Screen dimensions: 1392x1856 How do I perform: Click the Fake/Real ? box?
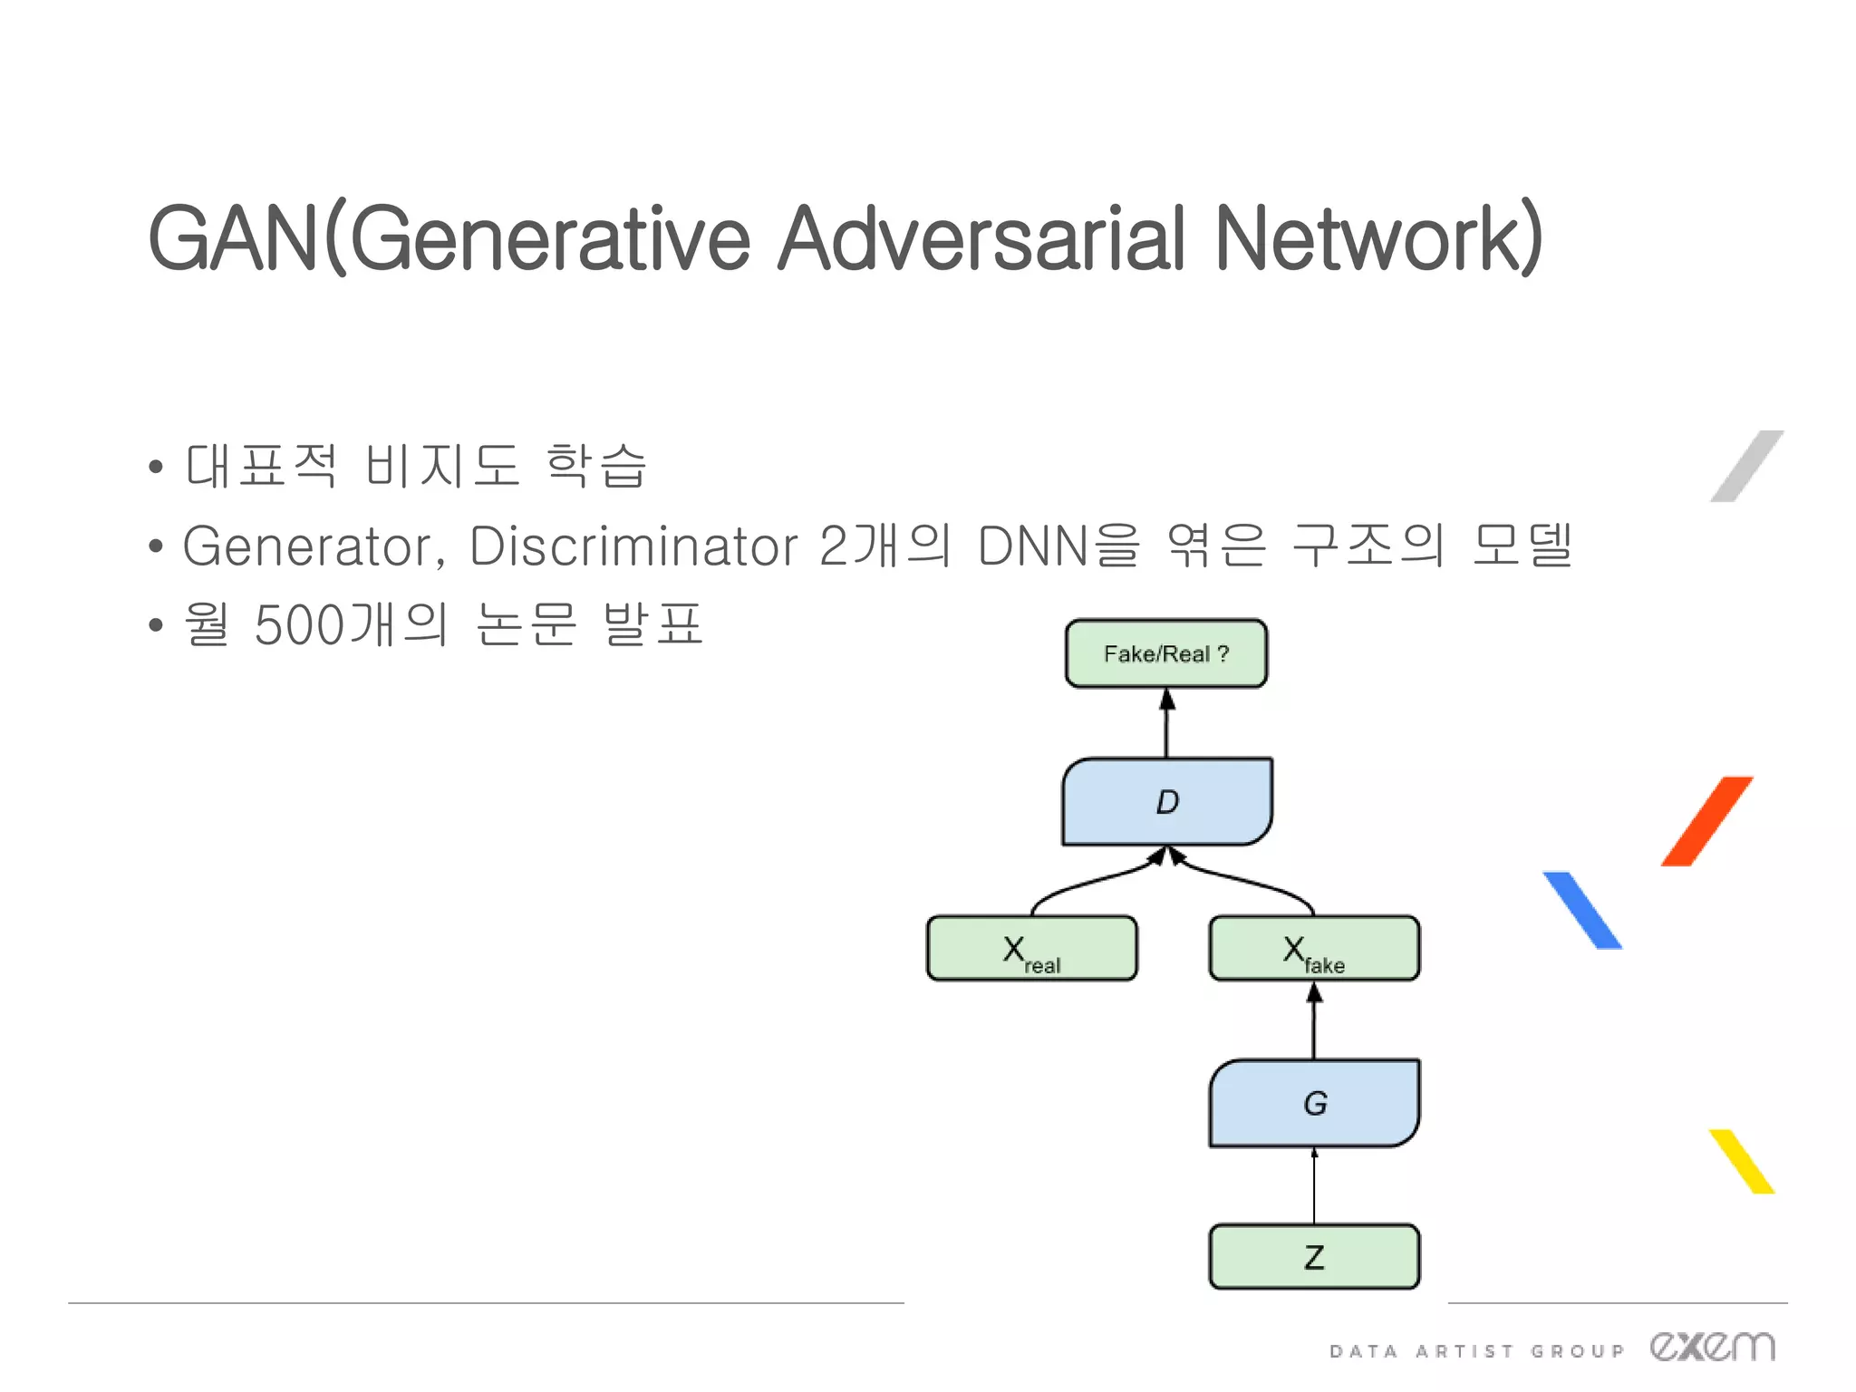point(1166,653)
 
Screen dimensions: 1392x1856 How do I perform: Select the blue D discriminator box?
point(1167,802)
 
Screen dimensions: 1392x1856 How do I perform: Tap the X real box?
point(1031,949)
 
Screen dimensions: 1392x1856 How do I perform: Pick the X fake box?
point(1314,949)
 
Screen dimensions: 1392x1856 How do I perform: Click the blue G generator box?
point(1314,1103)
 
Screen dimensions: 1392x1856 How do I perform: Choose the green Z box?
point(1314,1257)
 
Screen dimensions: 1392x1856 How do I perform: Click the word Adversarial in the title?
point(981,238)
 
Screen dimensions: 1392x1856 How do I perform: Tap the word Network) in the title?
point(1377,238)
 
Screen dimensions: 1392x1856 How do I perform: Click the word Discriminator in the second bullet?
point(633,546)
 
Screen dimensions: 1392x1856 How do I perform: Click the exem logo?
point(1712,1347)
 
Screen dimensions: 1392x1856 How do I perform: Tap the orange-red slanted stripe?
point(1706,821)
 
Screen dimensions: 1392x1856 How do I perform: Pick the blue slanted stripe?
point(1582,911)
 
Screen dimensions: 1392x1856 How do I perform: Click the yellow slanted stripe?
point(1741,1161)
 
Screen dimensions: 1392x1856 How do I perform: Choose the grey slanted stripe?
point(1746,466)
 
